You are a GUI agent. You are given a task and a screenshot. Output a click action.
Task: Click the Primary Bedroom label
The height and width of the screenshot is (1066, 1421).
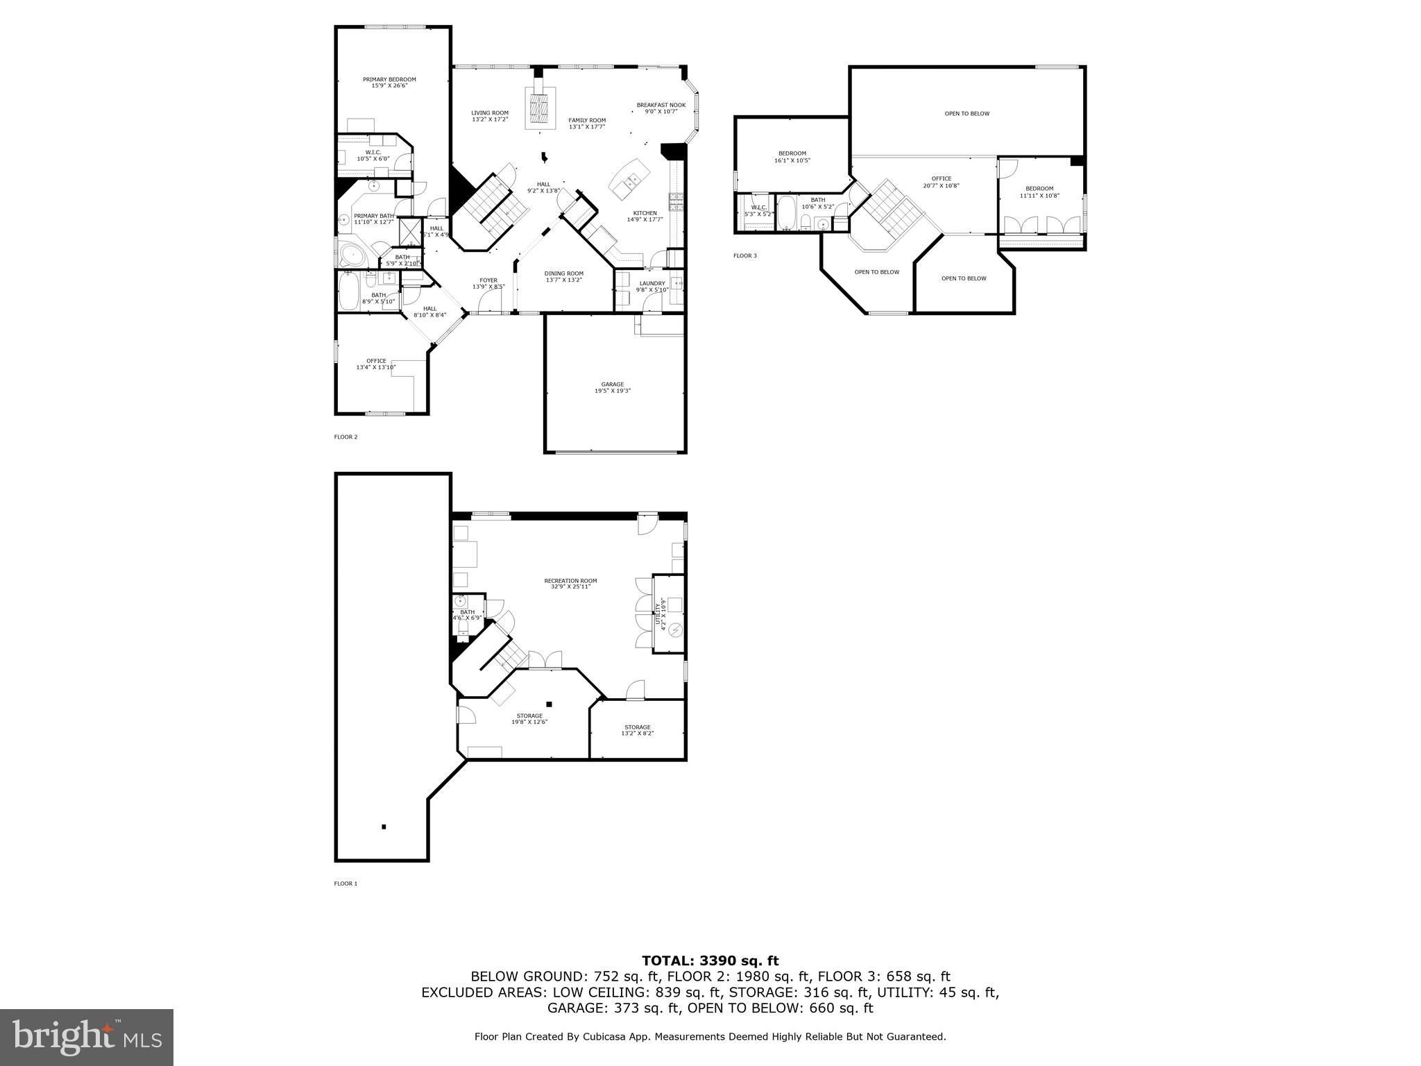click(x=389, y=83)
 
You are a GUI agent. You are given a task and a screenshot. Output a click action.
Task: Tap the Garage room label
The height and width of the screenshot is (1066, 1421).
click(x=612, y=387)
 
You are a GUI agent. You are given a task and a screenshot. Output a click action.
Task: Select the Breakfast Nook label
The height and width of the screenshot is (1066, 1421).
click(x=661, y=108)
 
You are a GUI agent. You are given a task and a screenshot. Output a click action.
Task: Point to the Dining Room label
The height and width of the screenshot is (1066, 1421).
click(x=563, y=276)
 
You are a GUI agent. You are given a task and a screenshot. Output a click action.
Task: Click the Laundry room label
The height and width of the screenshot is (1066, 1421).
click(x=652, y=286)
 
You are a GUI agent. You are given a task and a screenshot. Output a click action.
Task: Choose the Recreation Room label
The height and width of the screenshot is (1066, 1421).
click(x=570, y=584)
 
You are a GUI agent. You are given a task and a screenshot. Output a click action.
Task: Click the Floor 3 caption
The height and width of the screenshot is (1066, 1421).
click(x=745, y=256)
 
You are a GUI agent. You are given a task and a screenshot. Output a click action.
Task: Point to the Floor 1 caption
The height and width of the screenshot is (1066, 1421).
click(x=346, y=883)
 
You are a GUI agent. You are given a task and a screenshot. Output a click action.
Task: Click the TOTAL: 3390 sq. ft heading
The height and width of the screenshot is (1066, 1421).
click(x=710, y=961)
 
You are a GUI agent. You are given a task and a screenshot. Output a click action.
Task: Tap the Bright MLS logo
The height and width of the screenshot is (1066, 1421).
click(x=87, y=1037)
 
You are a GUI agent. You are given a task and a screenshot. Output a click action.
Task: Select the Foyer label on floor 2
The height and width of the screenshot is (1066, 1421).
click(x=488, y=283)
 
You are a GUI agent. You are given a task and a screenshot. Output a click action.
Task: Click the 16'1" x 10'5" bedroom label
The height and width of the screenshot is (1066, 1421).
click(x=792, y=157)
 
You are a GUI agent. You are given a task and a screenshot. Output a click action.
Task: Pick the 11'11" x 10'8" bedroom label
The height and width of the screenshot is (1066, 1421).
click(x=1039, y=192)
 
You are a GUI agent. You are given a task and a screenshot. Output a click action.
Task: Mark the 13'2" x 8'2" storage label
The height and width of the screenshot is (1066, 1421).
click(x=637, y=730)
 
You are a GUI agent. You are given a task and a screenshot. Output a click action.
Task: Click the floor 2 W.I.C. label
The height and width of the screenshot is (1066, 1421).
click(x=373, y=155)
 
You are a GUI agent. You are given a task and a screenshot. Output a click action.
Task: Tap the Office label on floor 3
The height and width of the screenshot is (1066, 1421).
click(x=941, y=182)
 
